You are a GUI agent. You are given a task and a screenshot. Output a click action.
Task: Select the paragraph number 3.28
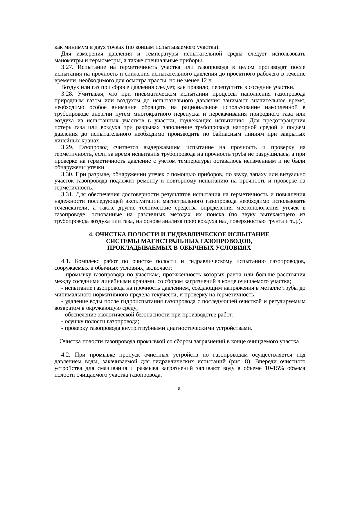(67, 94)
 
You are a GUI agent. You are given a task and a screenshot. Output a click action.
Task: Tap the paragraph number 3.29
(67, 148)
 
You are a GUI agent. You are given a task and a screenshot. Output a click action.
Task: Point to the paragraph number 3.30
(67, 174)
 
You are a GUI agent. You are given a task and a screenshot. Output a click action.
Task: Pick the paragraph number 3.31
(67, 194)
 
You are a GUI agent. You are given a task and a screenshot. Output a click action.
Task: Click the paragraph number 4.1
(65, 261)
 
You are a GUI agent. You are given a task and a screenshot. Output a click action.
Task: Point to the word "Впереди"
(265, 362)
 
